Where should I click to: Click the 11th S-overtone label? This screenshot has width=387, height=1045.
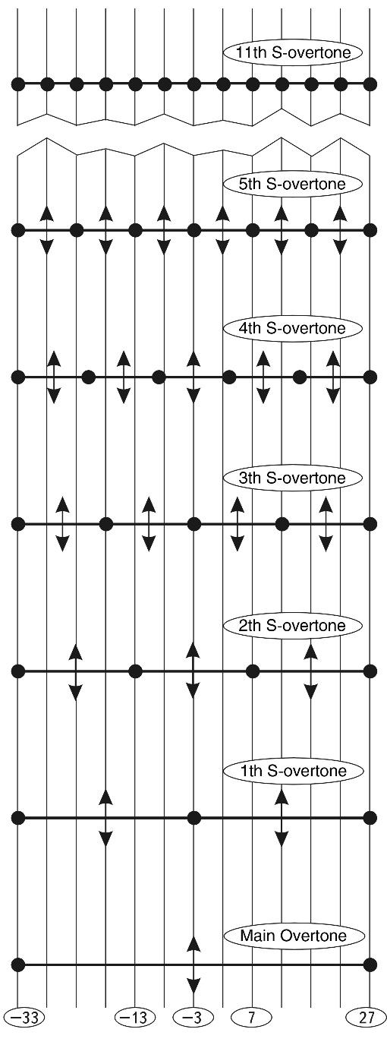click(293, 52)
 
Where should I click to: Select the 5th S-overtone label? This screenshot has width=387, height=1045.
click(293, 184)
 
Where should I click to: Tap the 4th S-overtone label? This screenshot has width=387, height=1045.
click(293, 328)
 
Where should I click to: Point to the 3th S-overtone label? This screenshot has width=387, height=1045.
click(293, 478)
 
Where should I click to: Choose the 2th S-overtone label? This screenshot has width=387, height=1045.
click(293, 625)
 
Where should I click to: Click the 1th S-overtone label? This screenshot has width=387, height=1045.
click(293, 771)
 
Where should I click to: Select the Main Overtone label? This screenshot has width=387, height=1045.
click(293, 923)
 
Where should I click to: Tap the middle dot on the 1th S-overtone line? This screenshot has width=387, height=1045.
click(193, 817)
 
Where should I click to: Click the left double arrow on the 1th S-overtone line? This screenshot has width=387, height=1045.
click(105, 818)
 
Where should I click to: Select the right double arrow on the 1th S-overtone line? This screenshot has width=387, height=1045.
click(281, 818)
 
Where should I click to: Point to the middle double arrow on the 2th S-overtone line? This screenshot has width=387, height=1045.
click(193, 671)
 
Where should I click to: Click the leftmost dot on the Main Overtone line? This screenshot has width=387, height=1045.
click(17, 964)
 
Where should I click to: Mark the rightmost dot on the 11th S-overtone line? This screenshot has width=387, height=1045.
click(370, 84)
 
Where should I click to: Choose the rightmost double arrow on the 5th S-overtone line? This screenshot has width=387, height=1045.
click(341, 230)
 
